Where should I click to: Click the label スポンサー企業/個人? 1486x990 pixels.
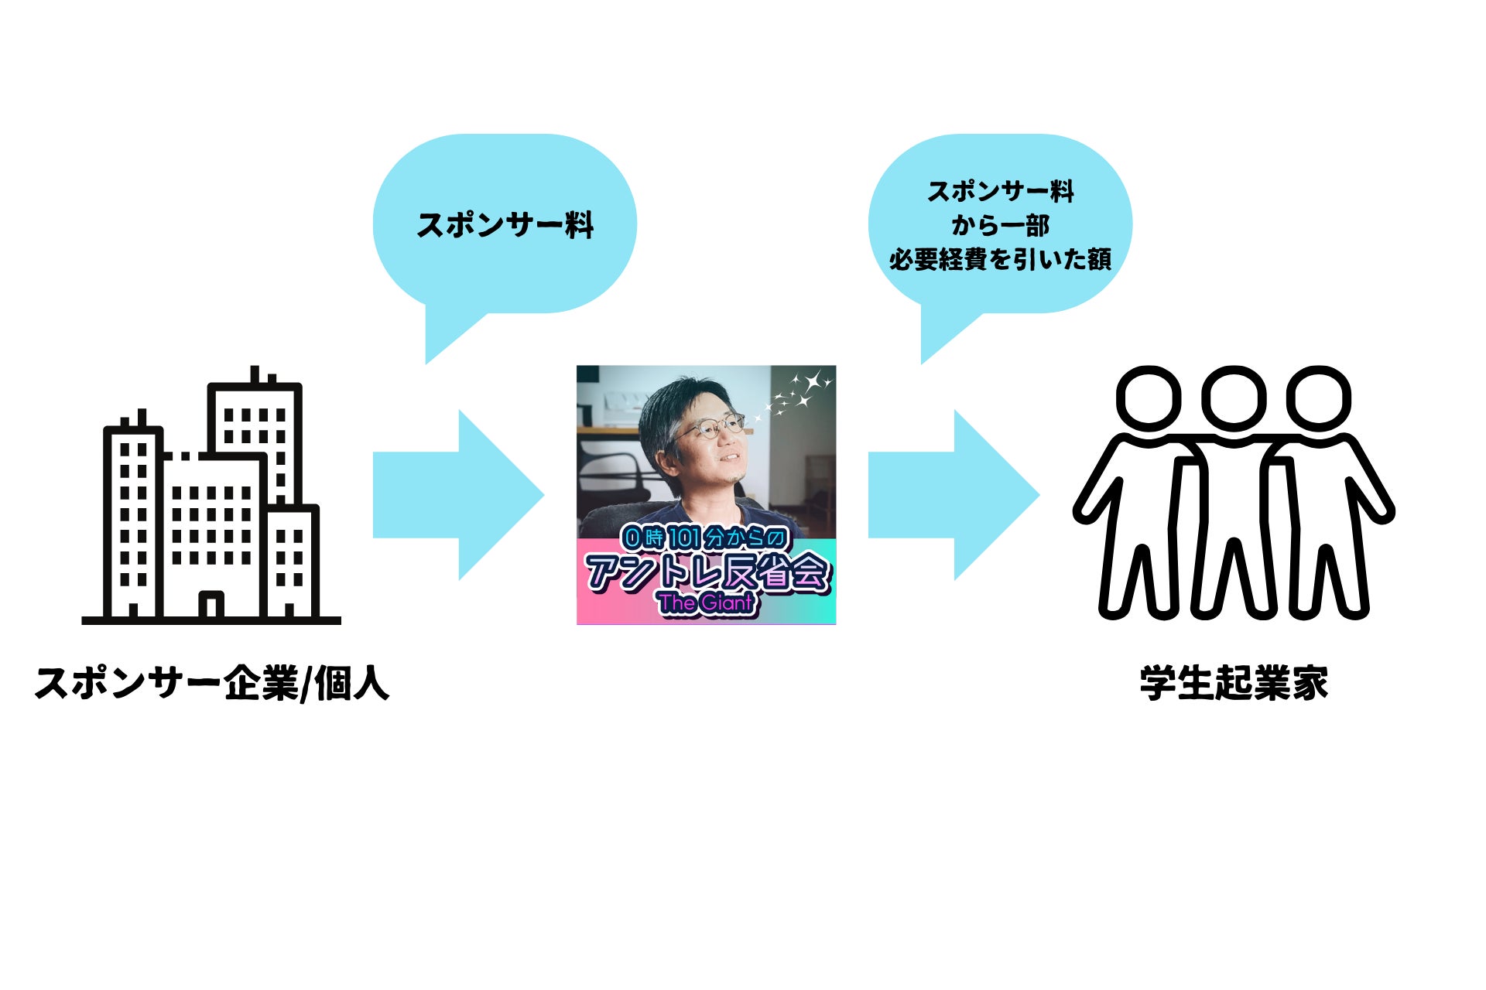[x=211, y=684]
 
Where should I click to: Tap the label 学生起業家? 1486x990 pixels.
[x=1234, y=684]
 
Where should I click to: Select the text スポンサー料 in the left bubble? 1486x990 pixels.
[x=505, y=225]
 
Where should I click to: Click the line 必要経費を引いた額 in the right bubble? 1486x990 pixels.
[x=1000, y=260]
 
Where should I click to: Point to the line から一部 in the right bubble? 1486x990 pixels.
[x=1000, y=226]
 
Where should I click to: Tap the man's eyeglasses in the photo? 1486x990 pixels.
[x=708, y=428]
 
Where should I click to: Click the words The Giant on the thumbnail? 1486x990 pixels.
[x=705, y=603]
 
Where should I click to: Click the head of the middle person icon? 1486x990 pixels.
[x=1234, y=399]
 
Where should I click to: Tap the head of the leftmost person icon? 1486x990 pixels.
[x=1149, y=399]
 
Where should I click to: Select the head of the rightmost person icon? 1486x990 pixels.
[x=1319, y=399]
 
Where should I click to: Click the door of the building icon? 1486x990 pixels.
[x=211, y=605]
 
